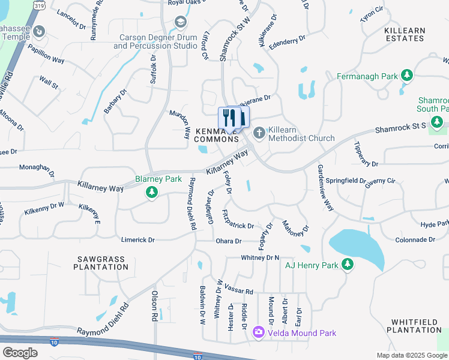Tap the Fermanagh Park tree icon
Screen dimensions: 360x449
408,75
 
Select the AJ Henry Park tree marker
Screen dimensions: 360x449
347,264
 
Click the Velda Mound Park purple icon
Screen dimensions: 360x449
259,332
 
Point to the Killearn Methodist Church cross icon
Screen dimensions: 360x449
259,133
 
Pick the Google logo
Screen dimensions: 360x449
20,352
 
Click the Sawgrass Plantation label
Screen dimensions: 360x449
100,263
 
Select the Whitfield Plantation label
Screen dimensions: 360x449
414,326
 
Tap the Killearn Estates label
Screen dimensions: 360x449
403,34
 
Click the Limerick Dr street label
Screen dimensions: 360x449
138,239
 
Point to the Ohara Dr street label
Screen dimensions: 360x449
228,241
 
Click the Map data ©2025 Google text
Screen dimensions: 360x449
411,355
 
